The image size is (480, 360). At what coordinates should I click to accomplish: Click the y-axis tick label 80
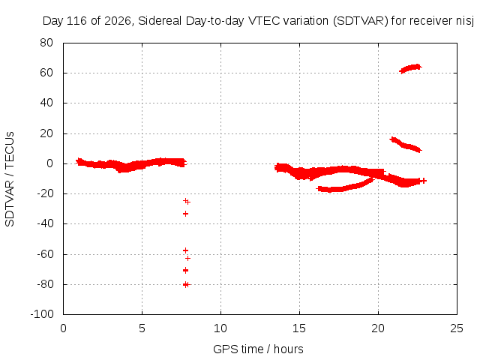[x=46, y=43]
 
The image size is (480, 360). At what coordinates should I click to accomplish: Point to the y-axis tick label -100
[x=42, y=314]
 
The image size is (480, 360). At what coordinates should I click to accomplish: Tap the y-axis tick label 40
[x=46, y=103]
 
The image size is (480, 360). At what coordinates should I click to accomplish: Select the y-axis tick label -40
[x=45, y=223]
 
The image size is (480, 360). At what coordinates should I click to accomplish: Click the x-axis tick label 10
[x=220, y=328]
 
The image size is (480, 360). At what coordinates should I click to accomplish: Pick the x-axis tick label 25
[x=457, y=328]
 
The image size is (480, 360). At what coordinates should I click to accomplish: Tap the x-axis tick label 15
[x=299, y=328]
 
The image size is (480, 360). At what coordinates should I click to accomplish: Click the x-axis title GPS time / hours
[x=258, y=349]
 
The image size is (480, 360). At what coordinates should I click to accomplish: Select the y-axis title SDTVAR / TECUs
[x=10, y=179]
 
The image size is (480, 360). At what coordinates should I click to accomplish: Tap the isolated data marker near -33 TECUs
[x=185, y=214]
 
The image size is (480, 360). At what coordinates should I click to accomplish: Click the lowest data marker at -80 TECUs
[x=186, y=285]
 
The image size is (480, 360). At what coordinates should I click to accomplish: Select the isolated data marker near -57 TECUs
[x=185, y=250]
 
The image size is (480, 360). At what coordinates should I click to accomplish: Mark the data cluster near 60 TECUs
[x=410, y=68]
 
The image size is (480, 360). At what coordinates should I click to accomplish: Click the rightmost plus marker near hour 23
[x=424, y=181]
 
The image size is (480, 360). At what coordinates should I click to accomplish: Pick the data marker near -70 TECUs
[x=185, y=270]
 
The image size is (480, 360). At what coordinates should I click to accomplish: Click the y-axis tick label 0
[x=50, y=163]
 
